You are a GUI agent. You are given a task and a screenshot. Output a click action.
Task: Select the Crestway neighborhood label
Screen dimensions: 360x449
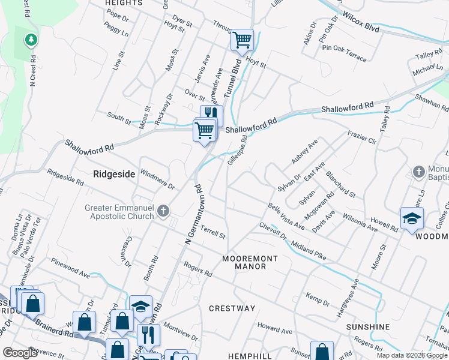click(232, 308)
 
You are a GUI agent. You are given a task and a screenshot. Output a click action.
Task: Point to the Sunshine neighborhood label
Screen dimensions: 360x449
click(368, 327)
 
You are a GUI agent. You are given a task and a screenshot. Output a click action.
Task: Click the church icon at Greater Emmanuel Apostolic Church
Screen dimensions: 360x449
click(163, 211)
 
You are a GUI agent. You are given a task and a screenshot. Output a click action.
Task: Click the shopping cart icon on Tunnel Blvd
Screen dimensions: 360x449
click(242, 40)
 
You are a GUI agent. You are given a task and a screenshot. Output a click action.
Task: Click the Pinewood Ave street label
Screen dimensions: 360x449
click(70, 264)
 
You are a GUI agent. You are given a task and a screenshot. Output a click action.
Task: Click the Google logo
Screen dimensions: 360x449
click(20, 353)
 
